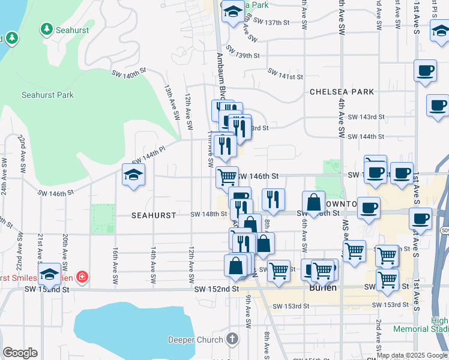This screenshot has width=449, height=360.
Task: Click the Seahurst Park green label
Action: tap(47, 95)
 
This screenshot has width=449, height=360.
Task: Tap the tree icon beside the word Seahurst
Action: tap(46, 29)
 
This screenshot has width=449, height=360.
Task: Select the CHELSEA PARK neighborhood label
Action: tap(342, 92)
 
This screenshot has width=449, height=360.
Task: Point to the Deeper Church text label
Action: tap(195, 340)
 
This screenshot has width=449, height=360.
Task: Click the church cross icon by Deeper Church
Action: tap(233, 339)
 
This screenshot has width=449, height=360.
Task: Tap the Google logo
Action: tap(20, 353)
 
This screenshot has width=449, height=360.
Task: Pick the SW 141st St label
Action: tap(286, 77)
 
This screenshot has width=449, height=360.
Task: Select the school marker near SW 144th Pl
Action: tap(134, 175)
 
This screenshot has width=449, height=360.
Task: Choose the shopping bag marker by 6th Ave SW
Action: tap(313, 202)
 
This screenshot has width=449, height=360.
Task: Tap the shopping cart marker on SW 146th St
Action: tap(227, 177)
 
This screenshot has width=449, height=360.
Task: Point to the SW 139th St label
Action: tap(243, 55)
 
